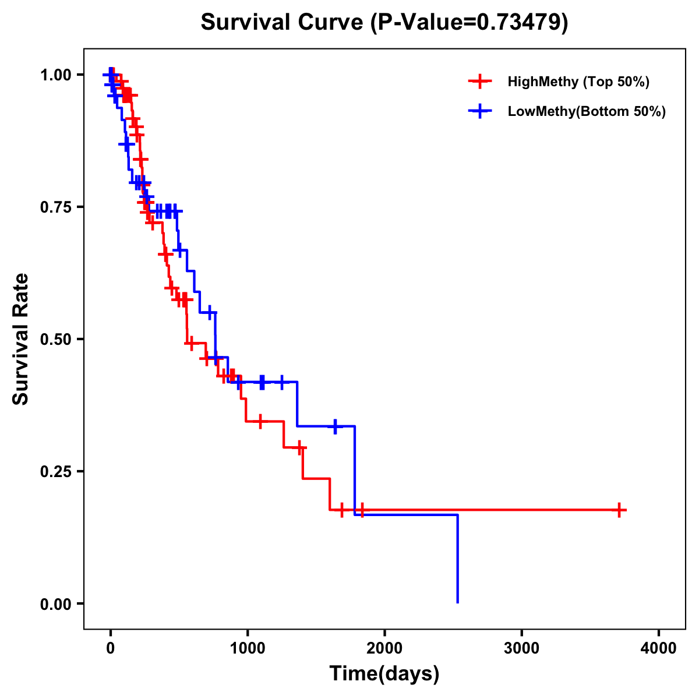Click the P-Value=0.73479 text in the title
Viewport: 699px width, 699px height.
click(469, 22)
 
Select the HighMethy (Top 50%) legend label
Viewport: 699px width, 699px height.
click(578, 82)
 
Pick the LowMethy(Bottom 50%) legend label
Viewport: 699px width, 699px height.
click(587, 112)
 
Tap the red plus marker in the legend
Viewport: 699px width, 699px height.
click(480, 82)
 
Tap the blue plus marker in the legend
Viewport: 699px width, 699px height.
click(480, 112)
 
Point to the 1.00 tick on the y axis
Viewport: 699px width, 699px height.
click(55, 75)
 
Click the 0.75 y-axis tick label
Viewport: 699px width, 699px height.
click(55, 207)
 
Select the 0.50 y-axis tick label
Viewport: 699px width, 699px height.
click(55, 339)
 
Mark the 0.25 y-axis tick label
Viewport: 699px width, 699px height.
click(55, 471)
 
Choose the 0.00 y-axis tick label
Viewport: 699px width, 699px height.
click(55, 603)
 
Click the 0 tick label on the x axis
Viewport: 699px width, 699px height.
click(110, 648)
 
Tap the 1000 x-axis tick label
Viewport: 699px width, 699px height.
click(247, 648)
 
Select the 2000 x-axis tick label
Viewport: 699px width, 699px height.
click(384, 648)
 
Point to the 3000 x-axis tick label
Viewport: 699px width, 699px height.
click(521, 648)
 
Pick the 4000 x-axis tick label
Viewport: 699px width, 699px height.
click(659, 648)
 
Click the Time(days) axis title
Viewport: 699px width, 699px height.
click(384, 674)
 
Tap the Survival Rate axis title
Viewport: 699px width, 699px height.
click(21, 339)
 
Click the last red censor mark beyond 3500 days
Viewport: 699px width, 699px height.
click(620, 510)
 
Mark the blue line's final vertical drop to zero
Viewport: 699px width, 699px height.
click(457, 559)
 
